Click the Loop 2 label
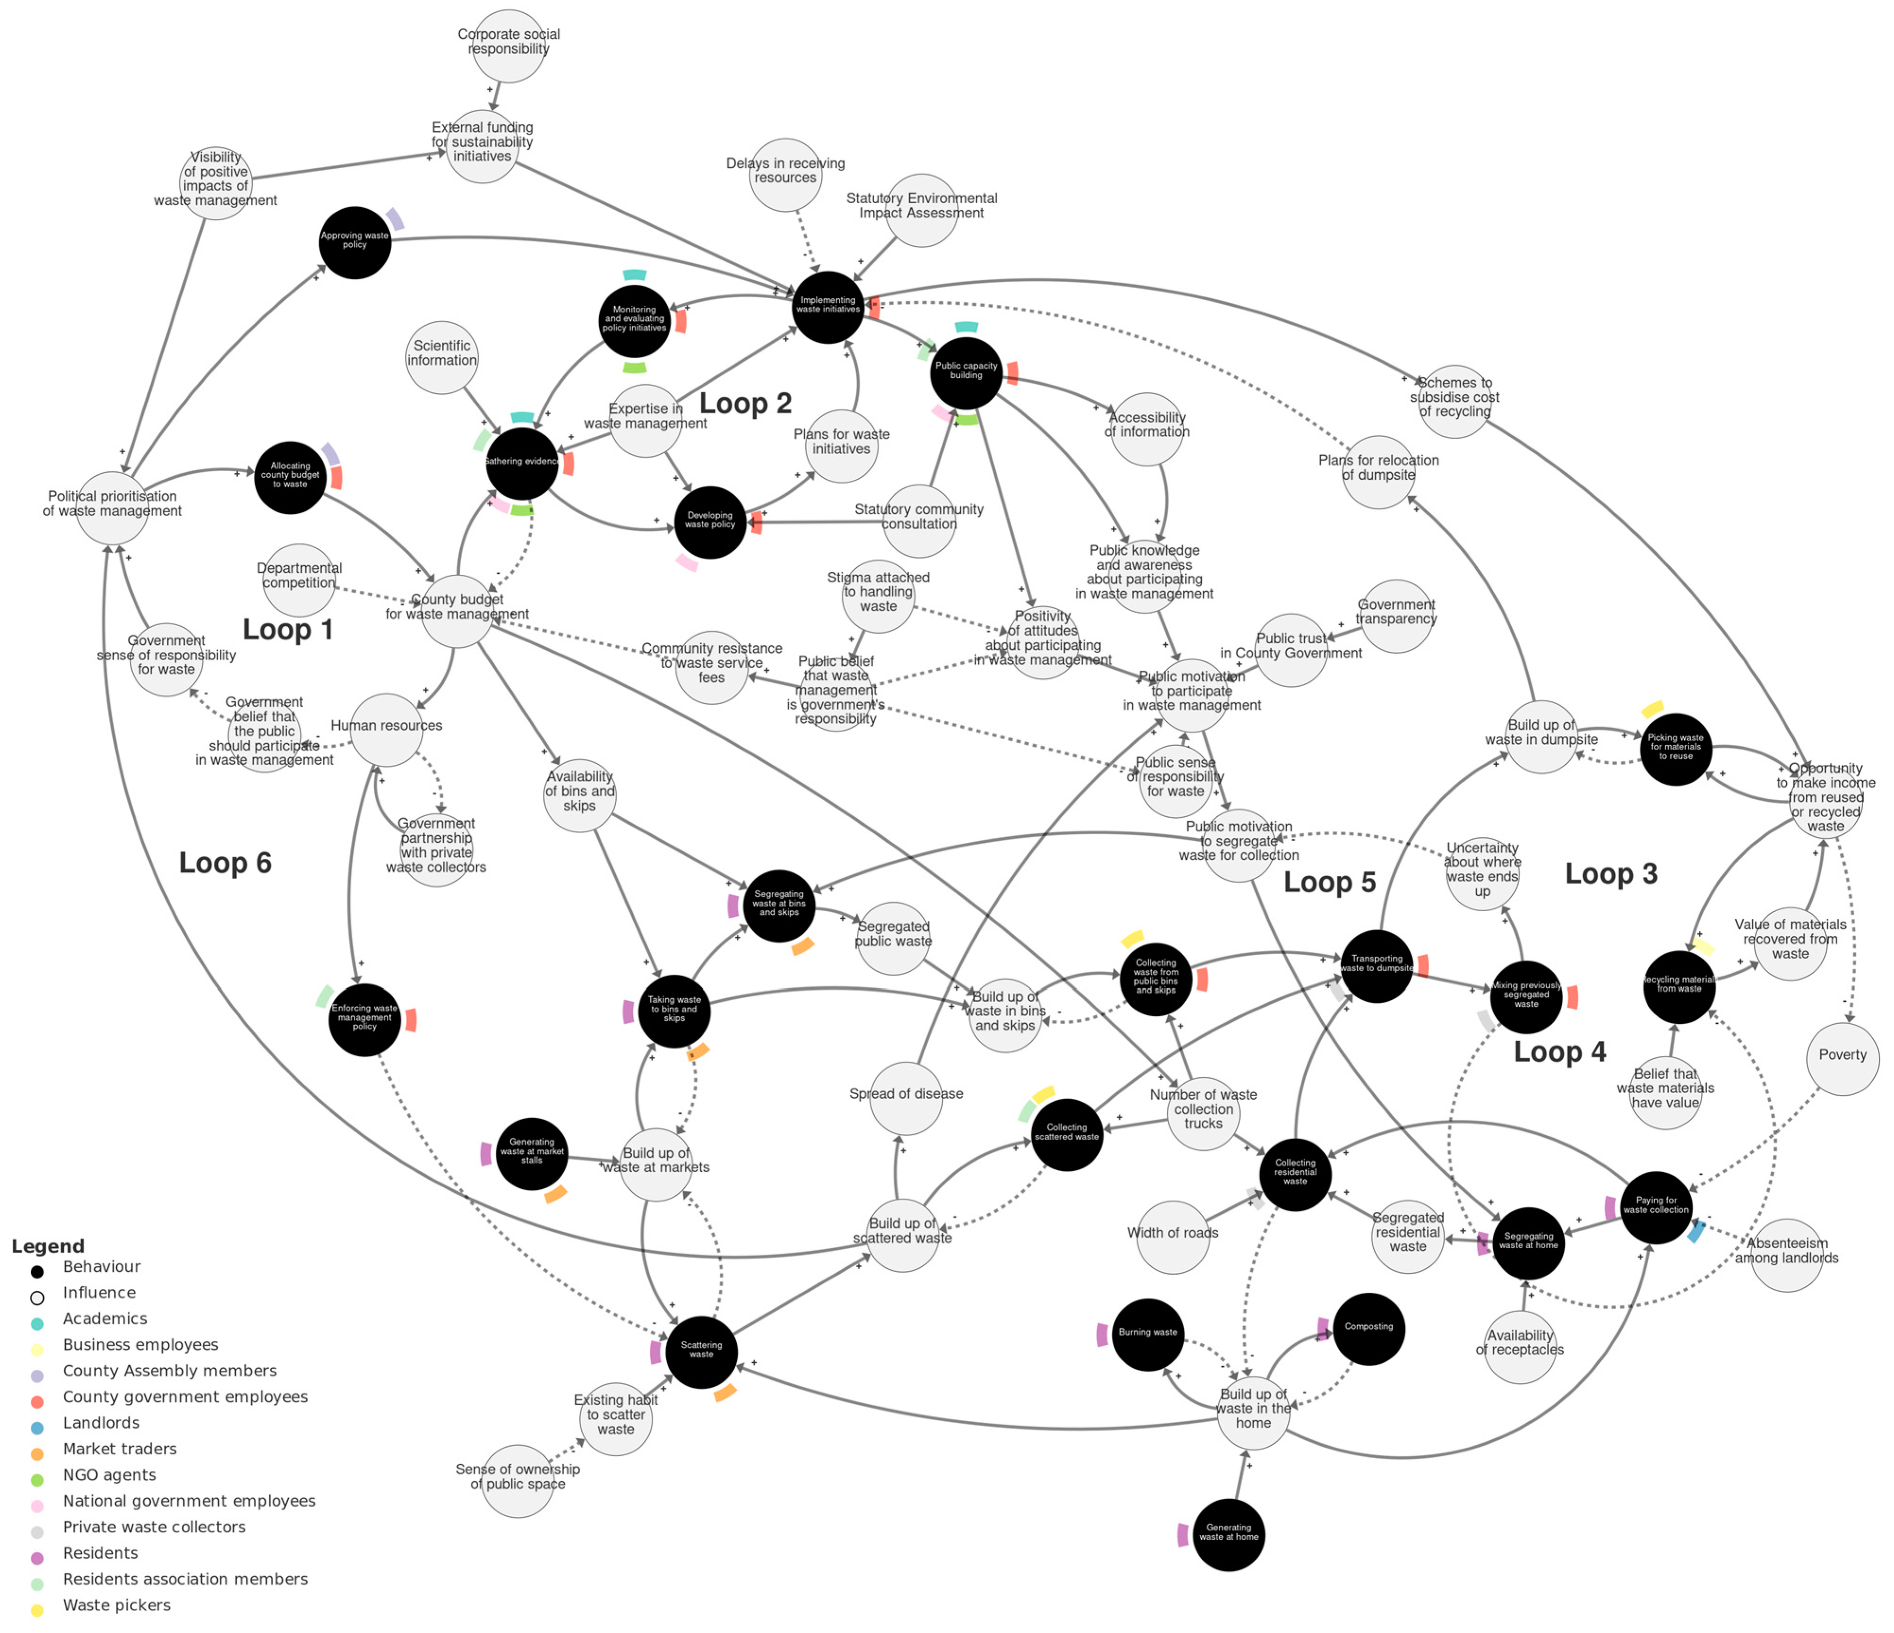pyautogui.click(x=745, y=403)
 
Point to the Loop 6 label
pyautogui.click(x=225, y=862)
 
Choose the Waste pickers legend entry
pyautogui.click(x=116, y=1605)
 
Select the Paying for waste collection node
pyautogui.click(x=1655, y=1207)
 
